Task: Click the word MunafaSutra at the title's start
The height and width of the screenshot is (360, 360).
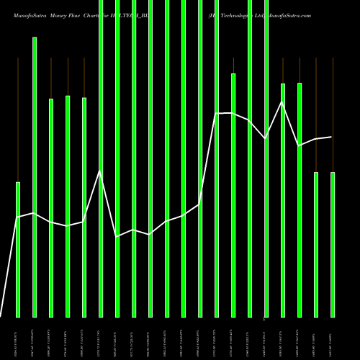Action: coord(31,15)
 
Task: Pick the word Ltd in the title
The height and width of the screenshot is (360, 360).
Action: coord(253,15)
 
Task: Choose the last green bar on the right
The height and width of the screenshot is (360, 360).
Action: coord(333,244)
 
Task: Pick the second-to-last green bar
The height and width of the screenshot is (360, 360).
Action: coord(316,244)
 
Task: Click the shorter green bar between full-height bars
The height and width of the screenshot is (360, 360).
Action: coord(233,194)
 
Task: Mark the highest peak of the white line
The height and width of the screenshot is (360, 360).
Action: coord(282,102)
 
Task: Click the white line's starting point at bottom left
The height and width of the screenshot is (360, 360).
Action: coord(1,316)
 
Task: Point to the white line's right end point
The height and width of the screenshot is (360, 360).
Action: coord(332,137)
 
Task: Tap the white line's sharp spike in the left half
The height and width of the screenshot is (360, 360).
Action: coord(101,171)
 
